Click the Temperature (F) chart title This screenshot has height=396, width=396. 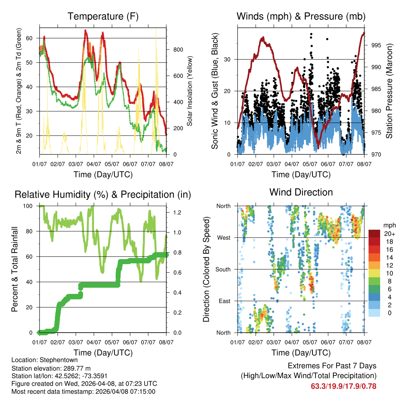pos(103,17)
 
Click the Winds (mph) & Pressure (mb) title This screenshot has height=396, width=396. pos(301,17)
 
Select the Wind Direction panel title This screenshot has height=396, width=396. pos(301,192)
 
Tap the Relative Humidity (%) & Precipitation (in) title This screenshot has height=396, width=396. pos(103,195)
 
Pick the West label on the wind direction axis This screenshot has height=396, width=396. pos(224,237)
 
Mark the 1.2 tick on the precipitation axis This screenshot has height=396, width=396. pos(175,212)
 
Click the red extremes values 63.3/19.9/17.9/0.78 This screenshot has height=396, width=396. pos(343,386)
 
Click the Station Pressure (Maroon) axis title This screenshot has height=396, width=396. pos(389,91)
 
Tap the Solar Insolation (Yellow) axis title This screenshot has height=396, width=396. pos(190,91)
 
